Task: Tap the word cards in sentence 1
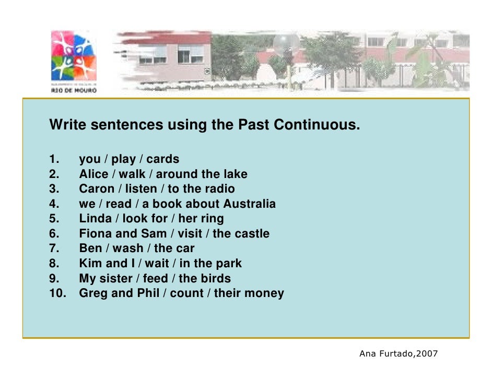[162, 159]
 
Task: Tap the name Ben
[90, 248]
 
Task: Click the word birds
[215, 278]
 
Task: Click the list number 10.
[57, 293]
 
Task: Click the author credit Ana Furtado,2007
[399, 354]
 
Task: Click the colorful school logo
[74, 56]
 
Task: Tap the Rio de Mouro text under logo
[74, 89]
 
